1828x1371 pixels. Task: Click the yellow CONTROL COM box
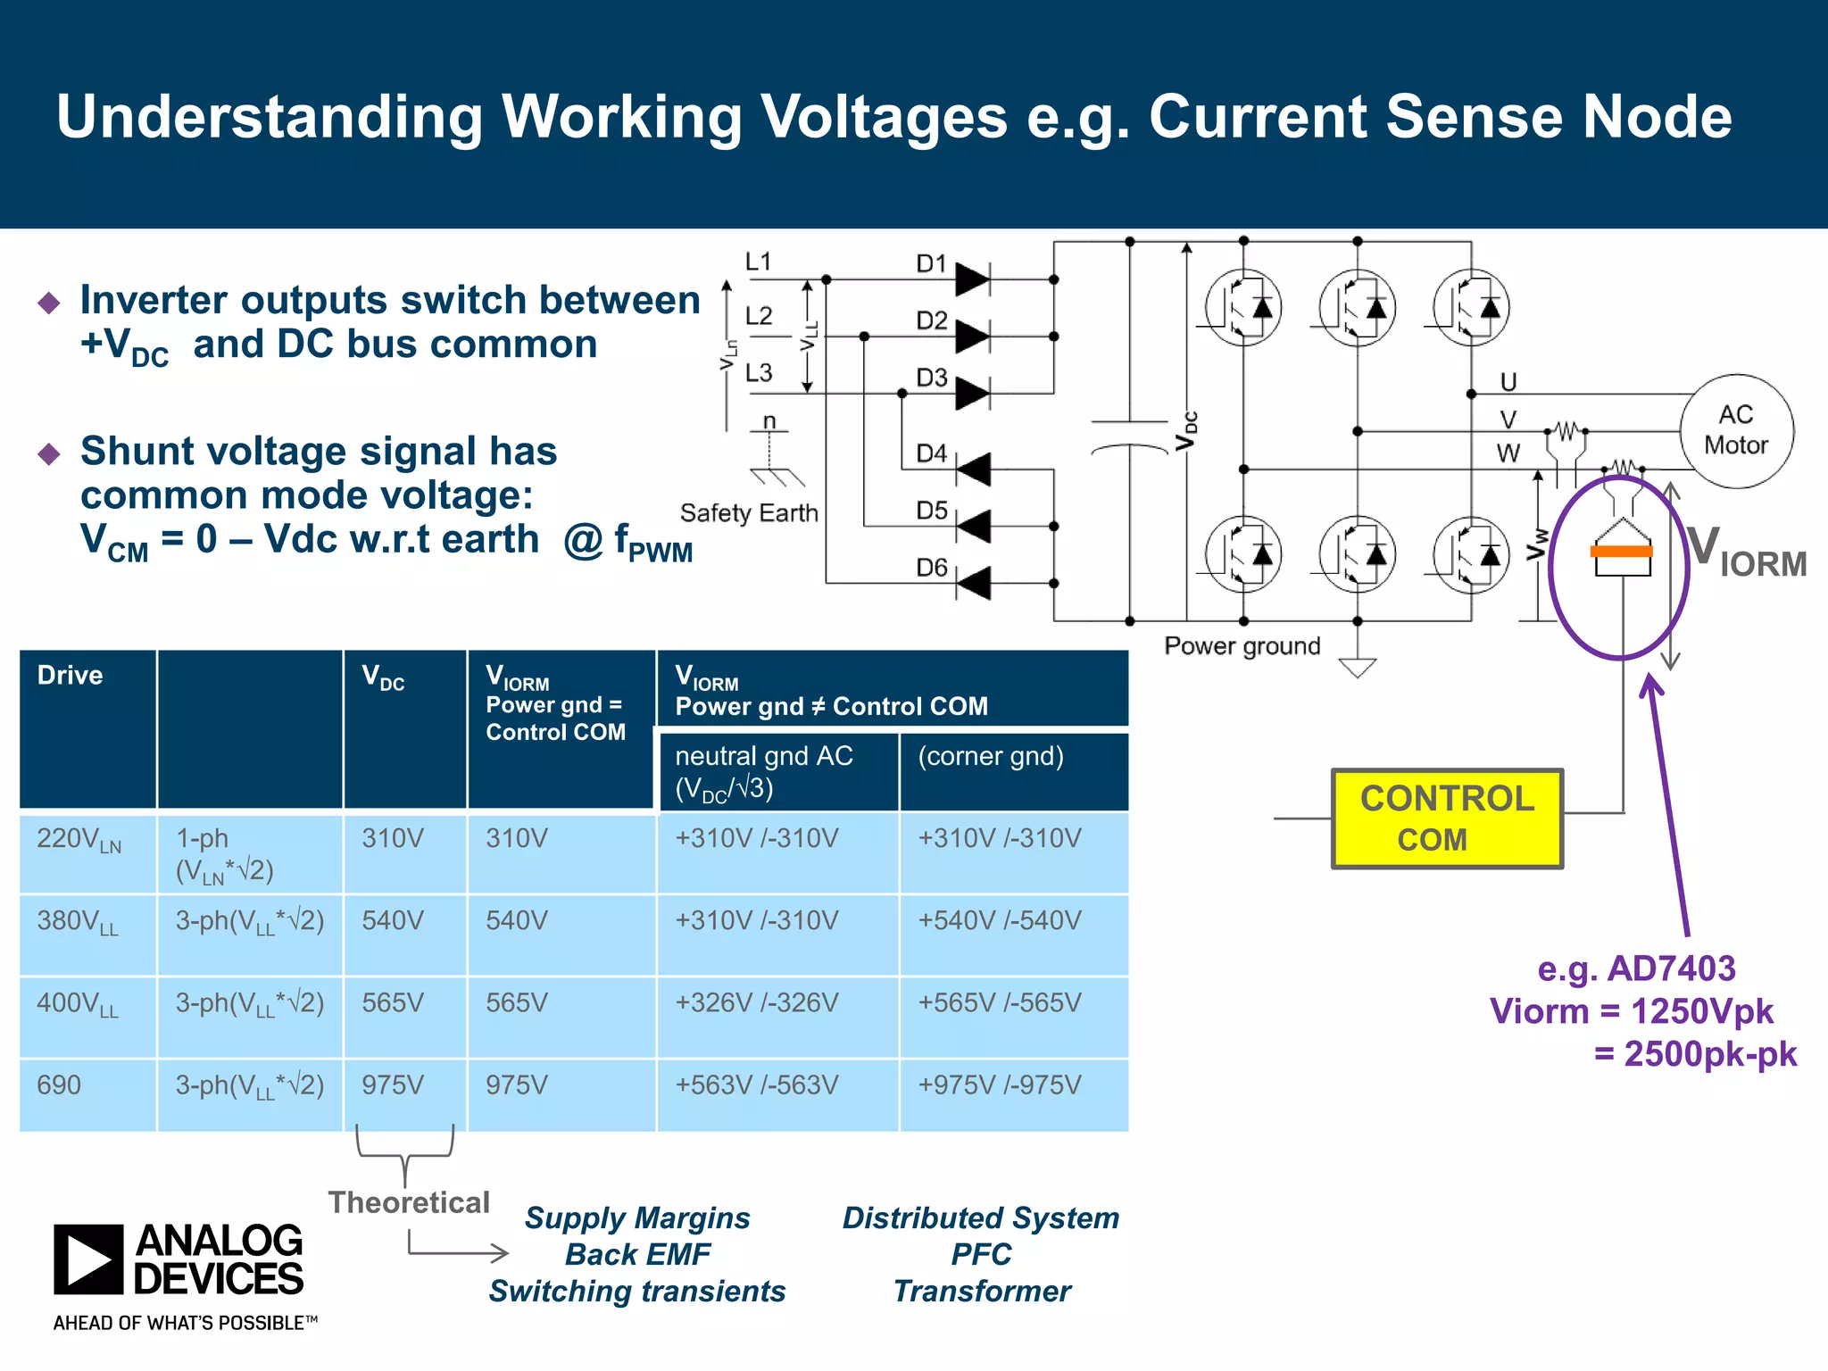coord(1446,818)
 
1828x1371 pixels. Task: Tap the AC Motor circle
coord(1736,430)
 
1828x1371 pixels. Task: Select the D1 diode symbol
coord(971,279)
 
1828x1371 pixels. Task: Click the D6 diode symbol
coord(973,584)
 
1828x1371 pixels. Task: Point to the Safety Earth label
coord(748,513)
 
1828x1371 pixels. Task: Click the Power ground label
coord(1242,645)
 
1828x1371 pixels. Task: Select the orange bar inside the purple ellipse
coord(1621,552)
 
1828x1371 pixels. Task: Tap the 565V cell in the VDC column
coord(393,1002)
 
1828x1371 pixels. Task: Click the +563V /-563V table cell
coord(756,1084)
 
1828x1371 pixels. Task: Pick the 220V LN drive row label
coord(79,840)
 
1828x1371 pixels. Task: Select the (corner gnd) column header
coord(991,756)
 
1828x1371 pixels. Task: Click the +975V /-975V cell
coord(999,1084)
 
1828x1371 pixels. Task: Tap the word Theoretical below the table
coord(409,1202)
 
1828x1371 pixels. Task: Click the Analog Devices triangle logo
coord(88,1259)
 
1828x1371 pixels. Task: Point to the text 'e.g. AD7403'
coord(1635,968)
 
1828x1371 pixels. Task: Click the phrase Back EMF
coord(637,1254)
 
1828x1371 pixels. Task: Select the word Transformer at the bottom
coord(982,1291)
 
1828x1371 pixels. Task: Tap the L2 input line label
coord(759,316)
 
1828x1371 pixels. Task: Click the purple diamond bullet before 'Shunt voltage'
coord(49,453)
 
